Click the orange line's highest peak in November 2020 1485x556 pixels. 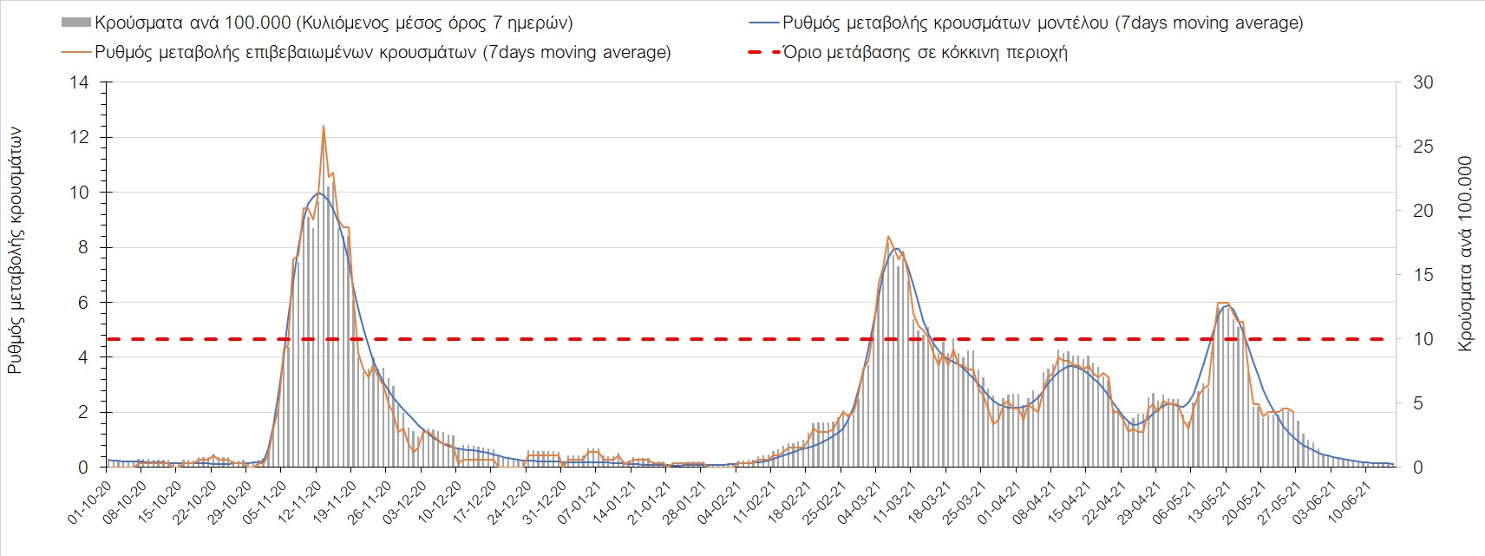click(x=324, y=127)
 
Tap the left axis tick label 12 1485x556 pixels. click(x=79, y=137)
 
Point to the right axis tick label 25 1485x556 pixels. click(x=1423, y=147)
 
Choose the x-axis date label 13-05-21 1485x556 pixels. click(x=1208, y=502)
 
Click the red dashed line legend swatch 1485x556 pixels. click(x=763, y=52)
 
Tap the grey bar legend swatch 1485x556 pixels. click(x=76, y=23)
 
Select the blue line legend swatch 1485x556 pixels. click(x=763, y=23)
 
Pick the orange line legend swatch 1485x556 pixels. click(x=76, y=52)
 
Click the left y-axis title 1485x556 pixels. click(x=16, y=252)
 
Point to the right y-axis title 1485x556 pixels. click(x=1466, y=253)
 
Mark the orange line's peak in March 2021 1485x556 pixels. click(x=888, y=236)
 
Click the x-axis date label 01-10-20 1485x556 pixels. click(x=89, y=502)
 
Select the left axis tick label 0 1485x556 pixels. click(x=83, y=468)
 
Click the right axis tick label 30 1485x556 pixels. click(x=1423, y=82)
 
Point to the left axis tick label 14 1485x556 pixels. click(x=79, y=82)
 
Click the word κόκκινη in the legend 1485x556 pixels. click(x=965, y=52)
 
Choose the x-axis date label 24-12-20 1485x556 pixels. click(x=508, y=502)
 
